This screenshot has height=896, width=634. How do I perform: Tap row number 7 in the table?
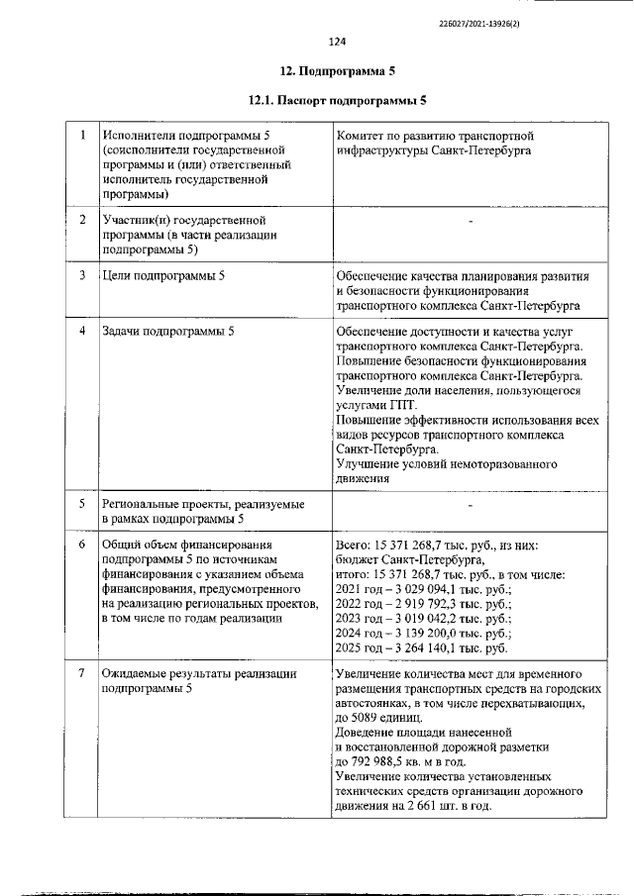click(82, 674)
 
